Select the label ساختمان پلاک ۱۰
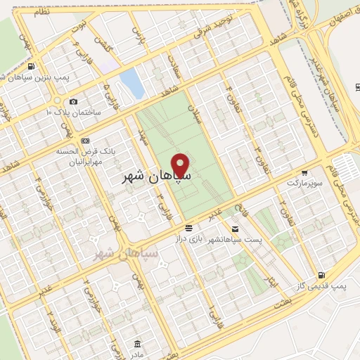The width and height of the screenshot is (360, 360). pyautogui.click(x=74, y=112)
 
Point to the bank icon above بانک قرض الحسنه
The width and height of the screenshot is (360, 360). pyautogui.click(x=85, y=140)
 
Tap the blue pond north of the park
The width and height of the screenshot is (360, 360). pyautogui.click(x=132, y=84)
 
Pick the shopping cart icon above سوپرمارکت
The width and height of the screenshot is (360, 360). pyautogui.click(x=304, y=172)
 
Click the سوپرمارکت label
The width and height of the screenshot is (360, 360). pyautogui.click(x=303, y=182)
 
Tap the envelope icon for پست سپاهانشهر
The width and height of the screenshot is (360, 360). pyautogui.click(x=235, y=229)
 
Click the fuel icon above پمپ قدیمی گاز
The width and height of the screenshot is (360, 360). pyautogui.click(x=321, y=275)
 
